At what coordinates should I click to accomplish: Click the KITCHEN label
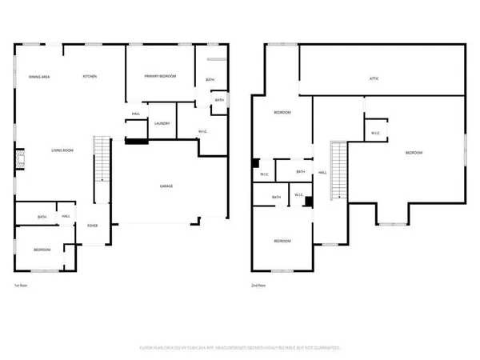click(x=90, y=76)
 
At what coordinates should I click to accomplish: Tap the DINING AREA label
click(x=40, y=76)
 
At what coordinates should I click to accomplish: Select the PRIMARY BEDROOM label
click(x=160, y=76)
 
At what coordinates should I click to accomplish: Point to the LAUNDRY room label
click(x=162, y=123)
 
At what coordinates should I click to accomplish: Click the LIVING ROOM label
click(x=63, y=150)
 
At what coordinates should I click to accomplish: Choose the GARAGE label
click(x=166, y=186)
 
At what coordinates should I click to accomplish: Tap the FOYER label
click(x=93, y=226)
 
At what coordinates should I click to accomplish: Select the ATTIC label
click(x=373, y=78)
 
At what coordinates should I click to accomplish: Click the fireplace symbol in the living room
click(x=20, y=163)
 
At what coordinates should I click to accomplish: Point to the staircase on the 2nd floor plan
click(x=339, y=170)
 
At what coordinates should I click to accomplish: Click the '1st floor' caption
click(x=22, y=284)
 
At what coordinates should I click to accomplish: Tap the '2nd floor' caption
click(x=258, y=284)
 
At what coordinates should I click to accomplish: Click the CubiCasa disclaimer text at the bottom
click(x=240, y=348)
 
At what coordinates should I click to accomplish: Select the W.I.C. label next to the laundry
click(x=204, y=131)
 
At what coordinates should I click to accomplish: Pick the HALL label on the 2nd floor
click(x=322, y=172)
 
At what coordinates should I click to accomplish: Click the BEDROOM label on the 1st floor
click(x=42, y=250)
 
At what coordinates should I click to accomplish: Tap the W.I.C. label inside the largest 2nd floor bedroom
click(x=374, y=134)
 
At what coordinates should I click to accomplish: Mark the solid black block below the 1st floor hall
click(x=137, y=142)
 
